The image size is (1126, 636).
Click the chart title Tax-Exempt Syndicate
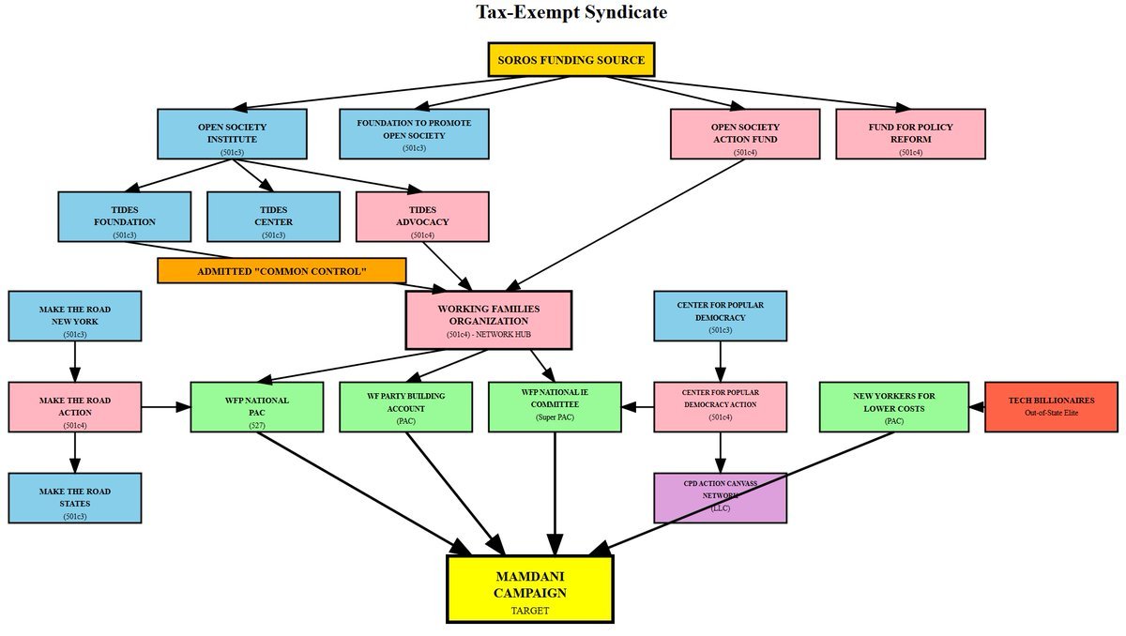(x=571, y=12)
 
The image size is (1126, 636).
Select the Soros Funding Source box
(x=571, y=60)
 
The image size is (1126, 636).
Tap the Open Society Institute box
(x=232, y=133)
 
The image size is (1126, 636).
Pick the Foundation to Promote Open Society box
(x=414, y=133)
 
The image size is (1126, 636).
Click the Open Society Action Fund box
(x=745, y=133)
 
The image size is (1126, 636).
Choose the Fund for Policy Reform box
(x=910, y=133)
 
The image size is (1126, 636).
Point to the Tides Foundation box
(x=124, y=216)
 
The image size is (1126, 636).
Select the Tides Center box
(x=273, y=216)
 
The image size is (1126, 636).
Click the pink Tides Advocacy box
(x=422, y=216)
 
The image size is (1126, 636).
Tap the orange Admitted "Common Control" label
(x=281, y=271)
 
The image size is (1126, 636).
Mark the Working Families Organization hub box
(x=488, y=319)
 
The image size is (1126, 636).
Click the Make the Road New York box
(x=75, y=315)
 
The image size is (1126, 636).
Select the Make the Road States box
(x=75, y=497)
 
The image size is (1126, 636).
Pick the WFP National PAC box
(x=256, y=406)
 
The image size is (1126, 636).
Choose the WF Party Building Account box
(x=405, y=406)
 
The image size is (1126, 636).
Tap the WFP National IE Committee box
(x=555, y=406)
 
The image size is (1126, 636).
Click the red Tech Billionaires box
(x=1051, y=406)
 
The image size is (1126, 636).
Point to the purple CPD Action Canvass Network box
(x=720, y=497)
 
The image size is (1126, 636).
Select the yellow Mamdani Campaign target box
(x=530, y=588)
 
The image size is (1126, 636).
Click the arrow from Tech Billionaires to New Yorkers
(x=976, y=406)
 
